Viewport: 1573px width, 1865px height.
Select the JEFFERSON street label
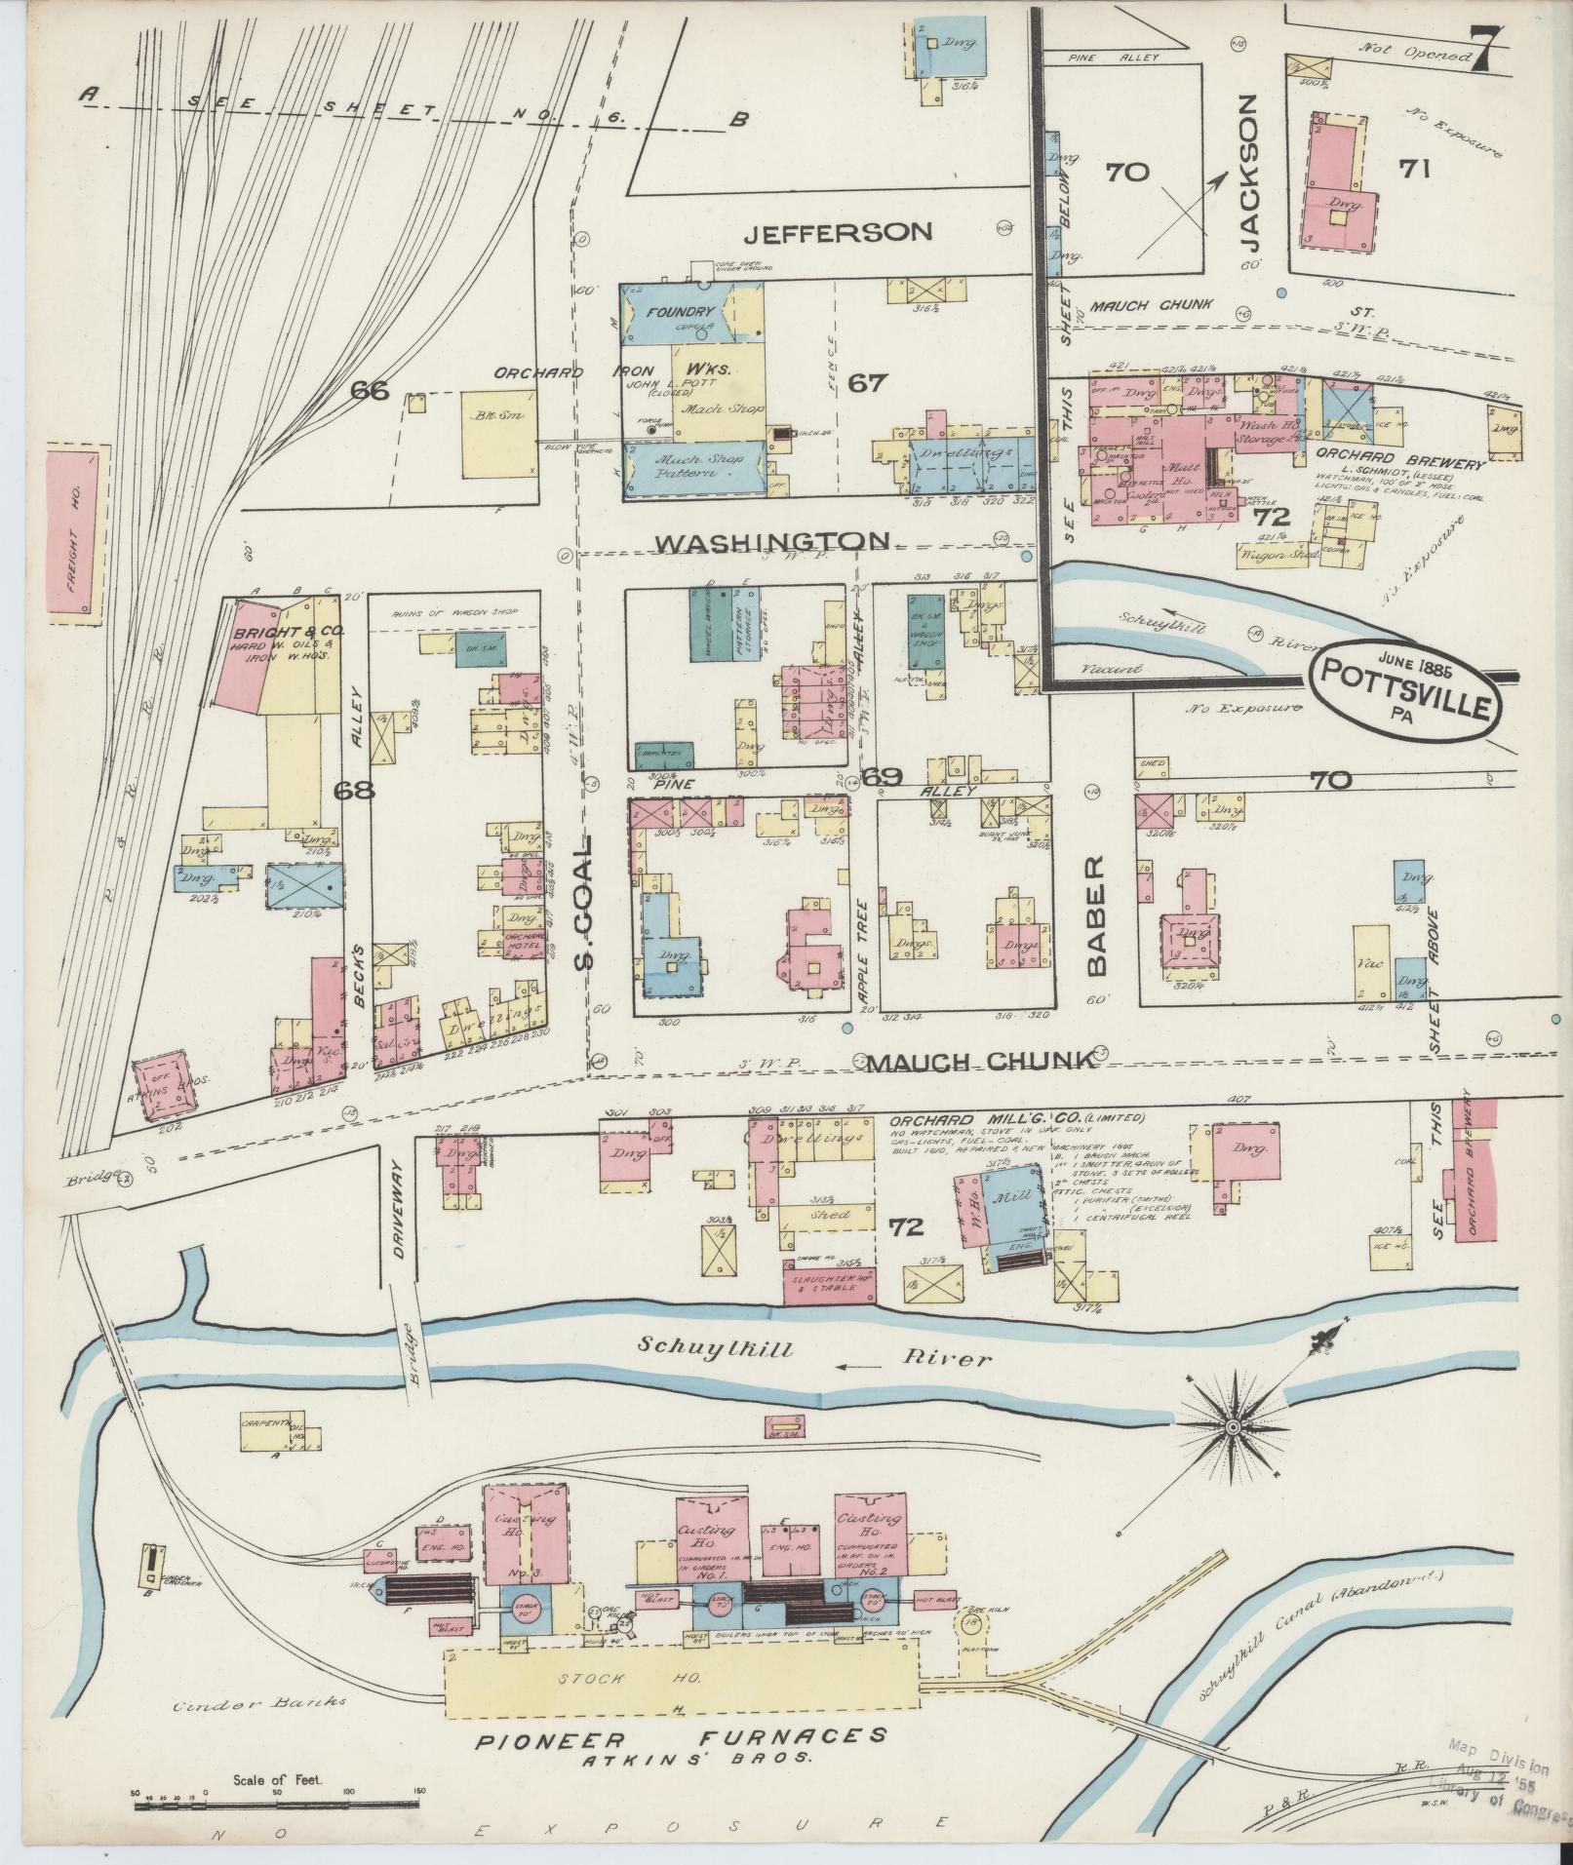point(838,231)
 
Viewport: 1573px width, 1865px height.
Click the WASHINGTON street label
point(771,541)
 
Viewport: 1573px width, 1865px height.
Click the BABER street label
point(1095,917)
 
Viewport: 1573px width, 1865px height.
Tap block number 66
point(371,391)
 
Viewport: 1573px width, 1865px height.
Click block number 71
point(1413,170)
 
